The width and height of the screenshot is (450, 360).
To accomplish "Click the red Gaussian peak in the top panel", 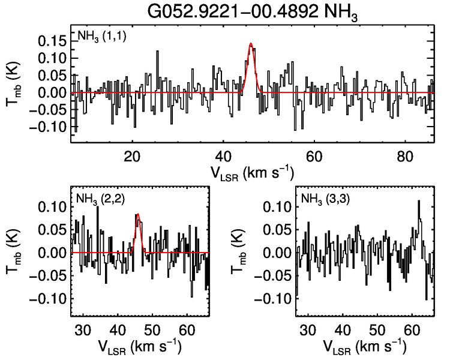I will [x=250, y=44].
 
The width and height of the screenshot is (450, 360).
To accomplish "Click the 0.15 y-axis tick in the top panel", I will [x=53, y=41].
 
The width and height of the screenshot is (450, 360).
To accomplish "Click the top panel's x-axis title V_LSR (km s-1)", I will [x=252, y=172].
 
